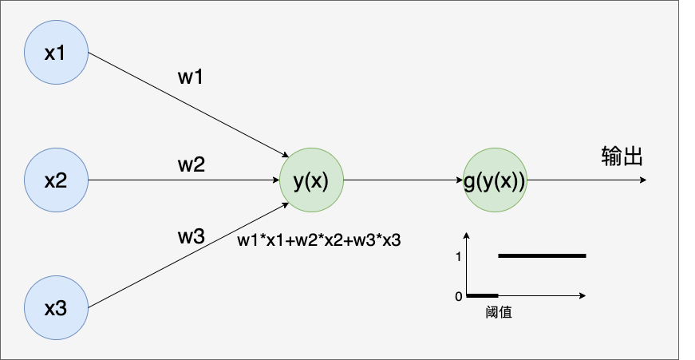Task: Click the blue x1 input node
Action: (x=55, y=53)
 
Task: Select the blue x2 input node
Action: (x=55, y=180)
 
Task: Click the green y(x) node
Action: (x=310, y=180)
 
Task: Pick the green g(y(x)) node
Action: (x=495, y=180)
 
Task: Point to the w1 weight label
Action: (x=191, y=77)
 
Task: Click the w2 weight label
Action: (x=191, y=166)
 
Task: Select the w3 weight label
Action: (x=191, y=236)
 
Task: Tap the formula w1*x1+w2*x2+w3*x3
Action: (x=318, y=239)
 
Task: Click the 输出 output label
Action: (x=622, y=157)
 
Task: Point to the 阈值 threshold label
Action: (x=499, y=313)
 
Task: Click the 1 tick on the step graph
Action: (x=457, y=256)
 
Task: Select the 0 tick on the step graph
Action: (x=458, y=296)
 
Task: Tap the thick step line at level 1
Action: (x=543, y=255)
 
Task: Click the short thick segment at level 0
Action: (x=482, y=295)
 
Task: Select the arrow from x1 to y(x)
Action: (x=188, y=105)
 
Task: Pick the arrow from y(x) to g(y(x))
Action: (x=402, y=180)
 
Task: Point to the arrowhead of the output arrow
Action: (x=642, y=180)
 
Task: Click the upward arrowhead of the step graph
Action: (x=467, y=235)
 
